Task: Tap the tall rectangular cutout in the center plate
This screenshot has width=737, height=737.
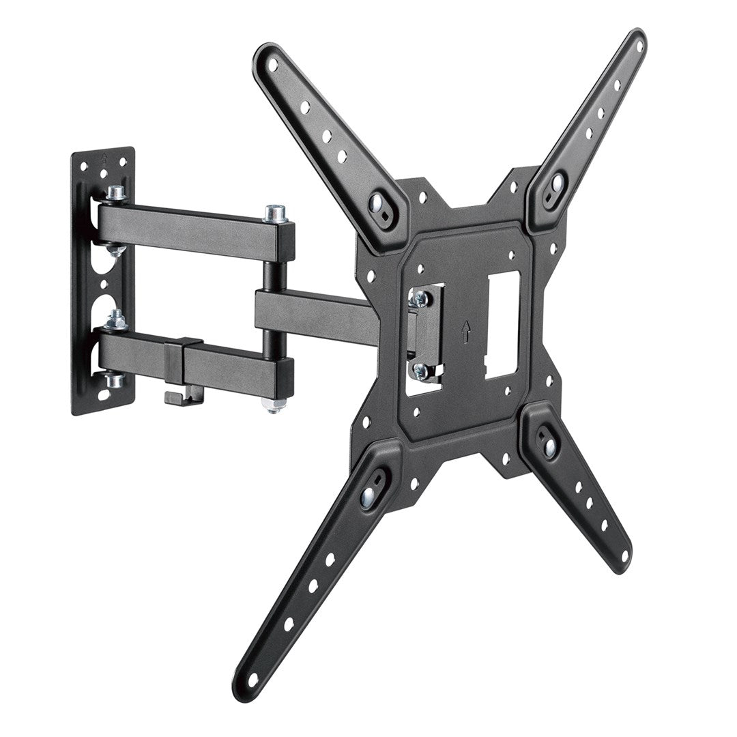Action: [502, 324]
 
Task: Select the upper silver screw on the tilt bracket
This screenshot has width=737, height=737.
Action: [420, 298]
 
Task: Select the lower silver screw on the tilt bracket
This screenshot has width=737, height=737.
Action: [421, 371]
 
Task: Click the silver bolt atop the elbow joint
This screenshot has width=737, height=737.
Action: [275, 214]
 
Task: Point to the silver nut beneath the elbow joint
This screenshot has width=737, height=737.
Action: [274, 406]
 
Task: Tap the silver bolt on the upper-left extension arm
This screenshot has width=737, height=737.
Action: [376, 203]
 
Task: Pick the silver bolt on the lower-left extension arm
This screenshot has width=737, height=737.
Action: [369, 493]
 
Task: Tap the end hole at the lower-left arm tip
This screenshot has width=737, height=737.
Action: [252, 680]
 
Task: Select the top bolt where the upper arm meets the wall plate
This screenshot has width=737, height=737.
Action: [116, 194]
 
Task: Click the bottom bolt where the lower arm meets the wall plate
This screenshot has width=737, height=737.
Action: [115, 379]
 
